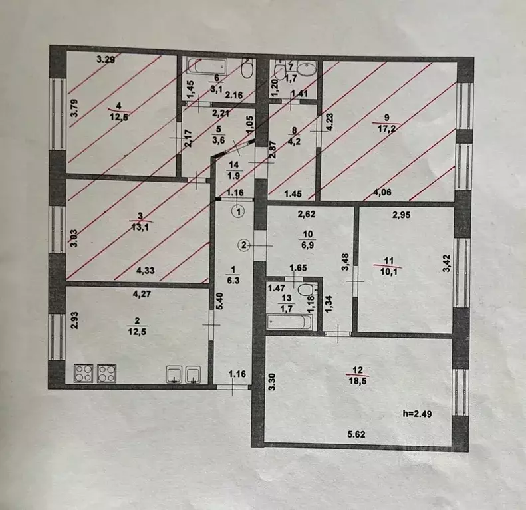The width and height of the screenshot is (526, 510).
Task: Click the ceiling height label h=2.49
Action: (417, 414)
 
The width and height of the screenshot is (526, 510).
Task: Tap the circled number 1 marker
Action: (239, 212)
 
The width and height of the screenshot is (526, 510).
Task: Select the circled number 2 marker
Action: (245, 245)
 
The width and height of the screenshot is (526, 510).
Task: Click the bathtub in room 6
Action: (206, 66)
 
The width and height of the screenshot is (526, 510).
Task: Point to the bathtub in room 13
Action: (290, 322)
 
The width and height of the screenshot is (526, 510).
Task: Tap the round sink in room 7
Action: (307, 70)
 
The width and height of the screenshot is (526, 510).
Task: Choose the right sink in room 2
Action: (194, 374)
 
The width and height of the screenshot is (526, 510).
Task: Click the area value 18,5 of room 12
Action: (358, 382)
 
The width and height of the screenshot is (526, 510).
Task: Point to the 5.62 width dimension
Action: (356, 434)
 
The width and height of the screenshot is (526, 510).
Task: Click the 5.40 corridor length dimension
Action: (220, 301)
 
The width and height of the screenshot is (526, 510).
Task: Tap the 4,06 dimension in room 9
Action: (382, 192)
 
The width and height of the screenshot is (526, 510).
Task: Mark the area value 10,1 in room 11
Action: (388, 271)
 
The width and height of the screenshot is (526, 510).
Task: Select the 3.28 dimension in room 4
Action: (106, 60)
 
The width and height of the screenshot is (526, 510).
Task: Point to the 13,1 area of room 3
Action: (140, 227)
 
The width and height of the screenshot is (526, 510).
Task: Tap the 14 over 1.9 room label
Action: (234, 170)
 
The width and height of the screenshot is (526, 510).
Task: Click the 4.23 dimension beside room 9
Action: (330, 122)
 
